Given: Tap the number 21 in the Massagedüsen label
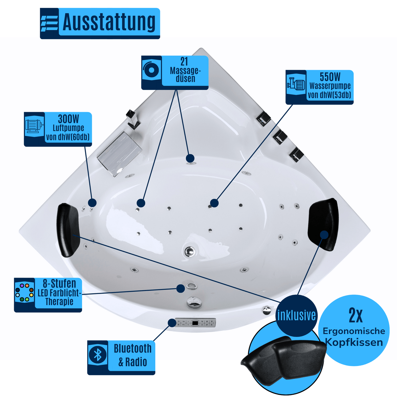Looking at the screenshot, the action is tap(184, 61).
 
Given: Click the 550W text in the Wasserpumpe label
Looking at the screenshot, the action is tap(330, 77).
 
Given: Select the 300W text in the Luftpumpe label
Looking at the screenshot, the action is tap(68, 119).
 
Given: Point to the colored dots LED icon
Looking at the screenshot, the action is tap(25, 292).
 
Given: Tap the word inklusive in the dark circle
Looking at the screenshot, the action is tap(297, 315).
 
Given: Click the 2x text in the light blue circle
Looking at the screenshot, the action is tap(355, 316).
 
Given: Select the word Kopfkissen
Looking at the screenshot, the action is tap(354, 342).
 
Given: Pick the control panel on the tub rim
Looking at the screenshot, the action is tap(195, 322).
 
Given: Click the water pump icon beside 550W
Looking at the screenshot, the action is tap(296, 85).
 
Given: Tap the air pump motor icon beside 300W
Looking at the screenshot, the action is tap(34, 126).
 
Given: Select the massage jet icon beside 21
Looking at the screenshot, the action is tap(151, 70).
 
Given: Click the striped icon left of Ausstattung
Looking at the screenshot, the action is tap(49, 24).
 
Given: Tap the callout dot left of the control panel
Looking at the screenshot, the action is tap(172, 323).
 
